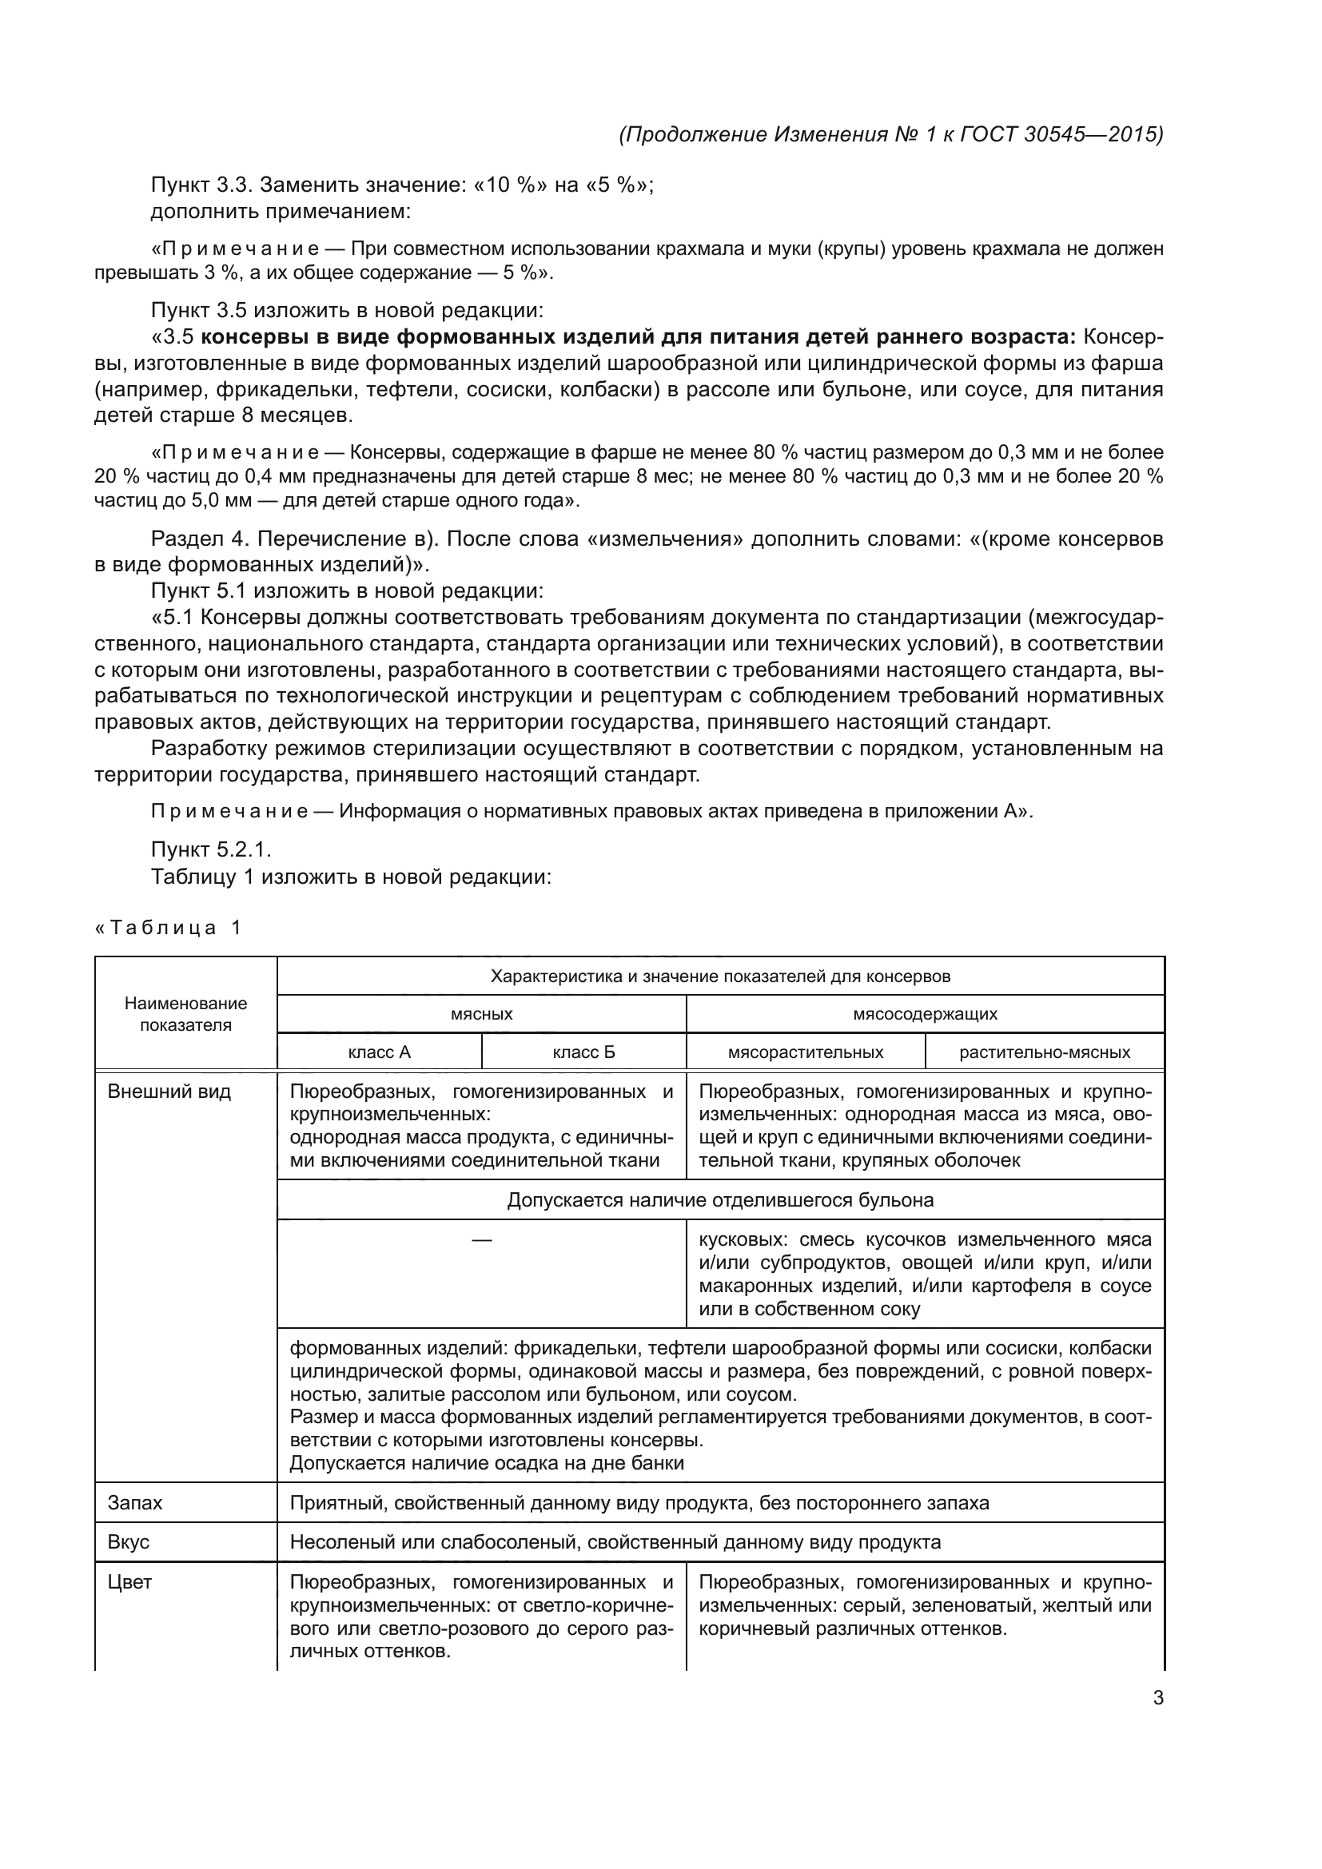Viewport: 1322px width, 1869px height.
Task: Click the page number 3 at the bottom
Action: tap(1157, 1698)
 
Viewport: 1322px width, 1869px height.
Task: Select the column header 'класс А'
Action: tap(380, 1052)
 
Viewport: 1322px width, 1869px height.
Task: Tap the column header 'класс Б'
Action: tap(583, 1052)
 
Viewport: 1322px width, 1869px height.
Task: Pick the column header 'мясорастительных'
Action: tap(805, 1052)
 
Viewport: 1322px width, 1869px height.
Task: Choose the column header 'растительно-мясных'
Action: tap(1045, 1052)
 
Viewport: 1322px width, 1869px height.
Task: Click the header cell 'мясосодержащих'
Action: tap(925, 1014)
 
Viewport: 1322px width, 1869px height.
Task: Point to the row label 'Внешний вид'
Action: tap(169, 1092)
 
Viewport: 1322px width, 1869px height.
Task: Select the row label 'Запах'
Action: tap(135, 1503)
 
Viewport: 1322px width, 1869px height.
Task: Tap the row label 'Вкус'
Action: tap(129, 1542)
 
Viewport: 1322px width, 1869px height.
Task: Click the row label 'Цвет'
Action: tap(129, 1582)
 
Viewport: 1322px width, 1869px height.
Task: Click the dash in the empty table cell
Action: tap(481, 1240)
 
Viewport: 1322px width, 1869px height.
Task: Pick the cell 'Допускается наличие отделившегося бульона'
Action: tap(720, 1200)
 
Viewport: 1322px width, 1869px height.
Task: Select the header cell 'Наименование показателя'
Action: tap(185, 1014)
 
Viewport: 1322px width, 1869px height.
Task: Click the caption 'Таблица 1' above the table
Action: tap(169, 928)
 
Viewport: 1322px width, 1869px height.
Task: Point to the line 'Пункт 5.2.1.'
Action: tap(211, 850)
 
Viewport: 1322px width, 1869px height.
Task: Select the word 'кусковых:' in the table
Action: tap(743, 1240)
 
